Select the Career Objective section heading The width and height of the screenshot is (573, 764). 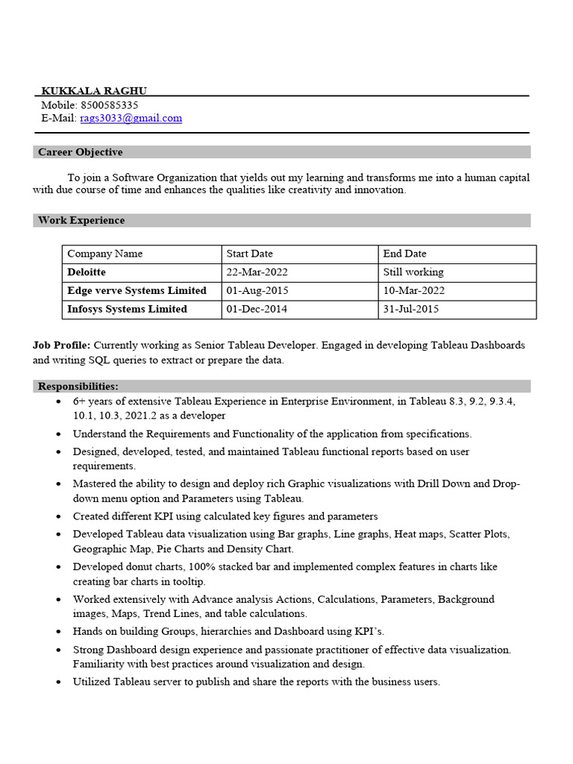pyautogui.click(x=80, y=152)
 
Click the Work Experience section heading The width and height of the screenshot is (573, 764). pyautogui.click(x=81, y=220)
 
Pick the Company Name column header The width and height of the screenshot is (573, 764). pyautogui.click(x=104, y=254)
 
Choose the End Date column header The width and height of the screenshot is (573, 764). pyautogui.click(x=404, y=254)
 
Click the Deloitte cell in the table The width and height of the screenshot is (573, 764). pyautogui.click(x=87, y=272)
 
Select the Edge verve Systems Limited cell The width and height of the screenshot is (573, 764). pyautogui.click(x=137, y=290)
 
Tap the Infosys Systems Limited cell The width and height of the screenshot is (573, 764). pyautogui.click(x=127, y=309)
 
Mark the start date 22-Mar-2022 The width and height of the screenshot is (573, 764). pyautogui.click(x=257, y=272)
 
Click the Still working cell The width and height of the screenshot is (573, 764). pyautogui.click(x=413, y=272)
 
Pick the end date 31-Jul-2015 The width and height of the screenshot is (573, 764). pyautogui.click(x=410, y=309)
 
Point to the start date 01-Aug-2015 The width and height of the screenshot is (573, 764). pyautogui.click(x=257, y=290)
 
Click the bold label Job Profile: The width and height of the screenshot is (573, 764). pyautogui.click(x=61, y=345)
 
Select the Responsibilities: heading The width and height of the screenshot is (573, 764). pyautogui.click(x=78, y=386)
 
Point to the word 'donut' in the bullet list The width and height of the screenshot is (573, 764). pyautogui.click(x=141, y=567)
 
